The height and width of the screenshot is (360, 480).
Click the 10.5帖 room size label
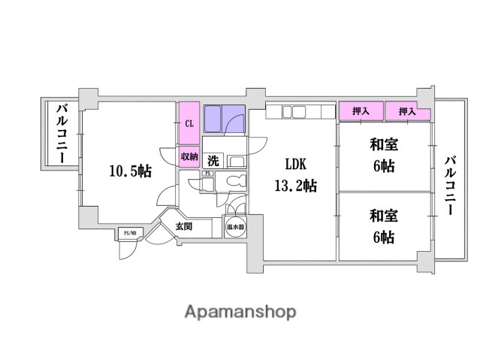[130, 171]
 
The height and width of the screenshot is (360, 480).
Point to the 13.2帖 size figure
[295, 186]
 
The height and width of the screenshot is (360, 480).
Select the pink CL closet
[189, 123]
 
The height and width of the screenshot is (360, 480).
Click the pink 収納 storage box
[189, 157]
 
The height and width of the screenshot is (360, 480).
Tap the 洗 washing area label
[213, 160]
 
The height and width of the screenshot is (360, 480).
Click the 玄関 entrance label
[184, 225]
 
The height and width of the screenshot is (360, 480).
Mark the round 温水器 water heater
[235, 226]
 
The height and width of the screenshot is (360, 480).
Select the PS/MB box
[128, 234]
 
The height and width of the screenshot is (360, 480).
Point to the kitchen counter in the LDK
[298, 113]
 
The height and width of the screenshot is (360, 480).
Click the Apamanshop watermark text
[240, 312]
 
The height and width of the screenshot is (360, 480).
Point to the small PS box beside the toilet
[207, 174]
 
